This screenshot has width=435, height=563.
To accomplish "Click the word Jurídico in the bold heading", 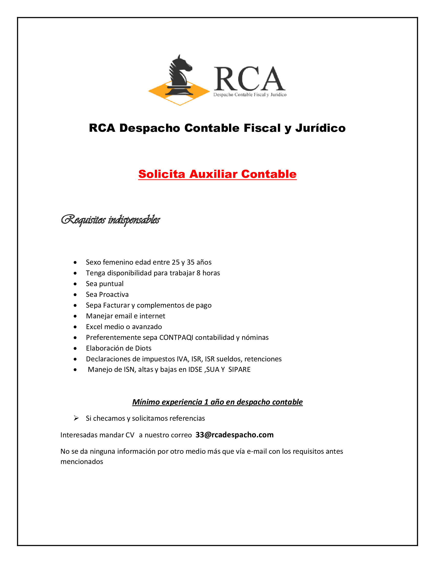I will [320, 128].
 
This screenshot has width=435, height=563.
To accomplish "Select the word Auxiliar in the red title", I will [213, 174].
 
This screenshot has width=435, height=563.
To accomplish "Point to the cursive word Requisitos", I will [83, 220].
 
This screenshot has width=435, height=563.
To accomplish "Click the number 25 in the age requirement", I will [176, 262].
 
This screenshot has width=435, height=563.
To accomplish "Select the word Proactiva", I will [114, 294].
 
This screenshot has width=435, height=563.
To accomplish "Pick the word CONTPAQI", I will [176, 338].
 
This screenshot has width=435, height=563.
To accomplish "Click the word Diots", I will [143, 348].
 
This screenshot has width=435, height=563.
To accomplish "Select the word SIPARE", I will [240, 370].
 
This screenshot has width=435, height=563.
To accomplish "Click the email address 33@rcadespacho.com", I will [234, 435].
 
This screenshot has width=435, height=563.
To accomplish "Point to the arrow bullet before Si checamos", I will [76, 418].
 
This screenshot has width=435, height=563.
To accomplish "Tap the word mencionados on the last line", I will [82, 462].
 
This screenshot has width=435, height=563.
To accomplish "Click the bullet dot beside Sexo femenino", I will [75, 262].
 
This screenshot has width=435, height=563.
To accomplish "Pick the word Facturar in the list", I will [116, 305].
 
